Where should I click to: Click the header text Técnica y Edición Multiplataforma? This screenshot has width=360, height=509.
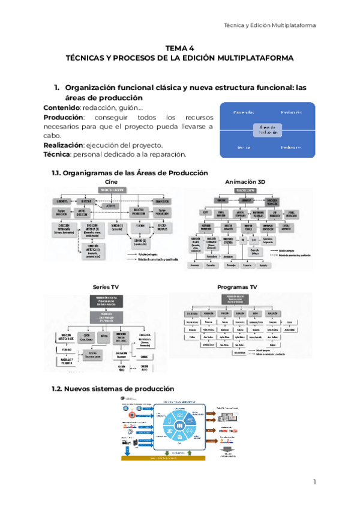(269, 25)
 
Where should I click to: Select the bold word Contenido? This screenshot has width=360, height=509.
(62, 107)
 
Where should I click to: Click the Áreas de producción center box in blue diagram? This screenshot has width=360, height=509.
(268, 130)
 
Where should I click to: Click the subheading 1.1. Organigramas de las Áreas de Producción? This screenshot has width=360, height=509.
(131, 173)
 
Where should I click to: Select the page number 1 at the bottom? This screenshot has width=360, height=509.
(314, 483)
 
